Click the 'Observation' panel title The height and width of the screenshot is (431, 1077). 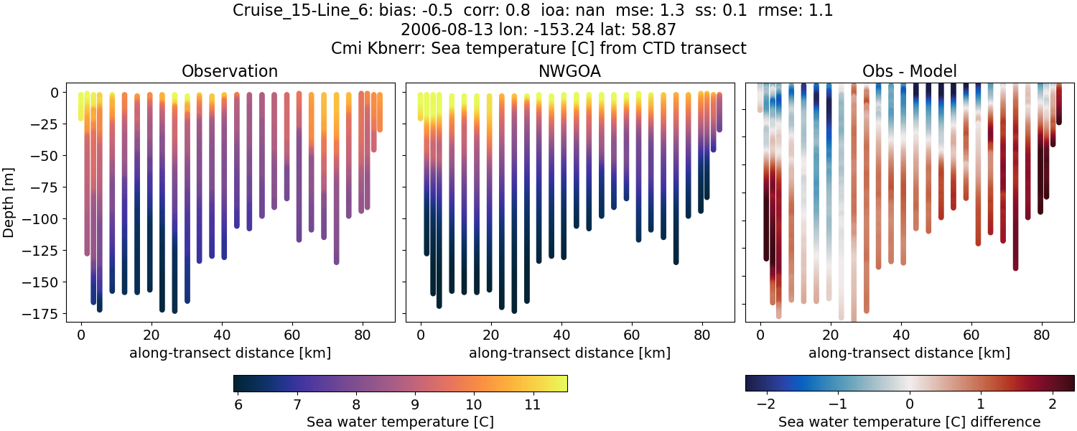(x=230, y=71)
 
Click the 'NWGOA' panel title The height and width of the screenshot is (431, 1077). (x=569, y=71)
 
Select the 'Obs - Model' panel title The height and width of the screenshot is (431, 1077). (x=909, y=71)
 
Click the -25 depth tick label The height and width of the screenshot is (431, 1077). (x=50, y=124)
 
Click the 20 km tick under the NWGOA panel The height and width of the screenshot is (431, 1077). (x=490, y=335)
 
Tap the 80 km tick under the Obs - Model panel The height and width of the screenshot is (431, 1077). (x=1041, y=335)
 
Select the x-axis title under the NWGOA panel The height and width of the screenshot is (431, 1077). (x=569, y=353)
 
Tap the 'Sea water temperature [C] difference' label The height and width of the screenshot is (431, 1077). (x=909, y=422)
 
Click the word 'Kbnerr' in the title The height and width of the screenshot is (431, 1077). (x=393, y=48)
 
